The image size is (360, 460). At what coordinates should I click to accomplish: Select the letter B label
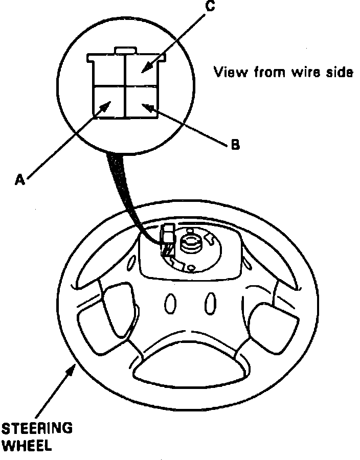[234, 145]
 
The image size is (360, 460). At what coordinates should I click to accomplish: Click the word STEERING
[37, 428]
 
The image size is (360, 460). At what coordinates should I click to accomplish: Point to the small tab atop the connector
[125, 50]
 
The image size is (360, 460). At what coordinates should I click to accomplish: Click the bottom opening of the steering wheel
[189, 369]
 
